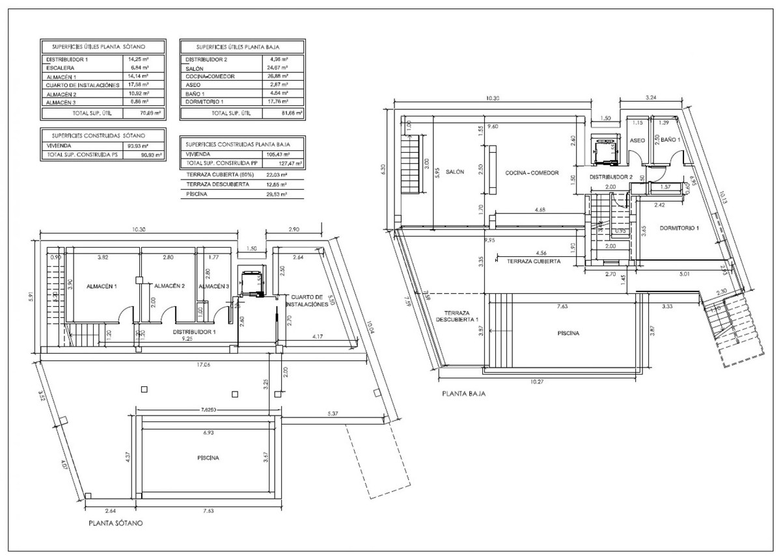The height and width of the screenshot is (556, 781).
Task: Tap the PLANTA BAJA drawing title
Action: tap(463, 393)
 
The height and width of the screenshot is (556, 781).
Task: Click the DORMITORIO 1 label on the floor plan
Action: tap(678, 228)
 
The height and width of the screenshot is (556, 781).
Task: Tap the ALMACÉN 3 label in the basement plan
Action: tap(214, 286)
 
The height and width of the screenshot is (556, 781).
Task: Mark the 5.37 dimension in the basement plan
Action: tap(333, 414)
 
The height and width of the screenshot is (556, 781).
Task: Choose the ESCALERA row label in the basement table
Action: tap(61, 68)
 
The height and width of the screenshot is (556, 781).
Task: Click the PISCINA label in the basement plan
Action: tap(208, 458)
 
